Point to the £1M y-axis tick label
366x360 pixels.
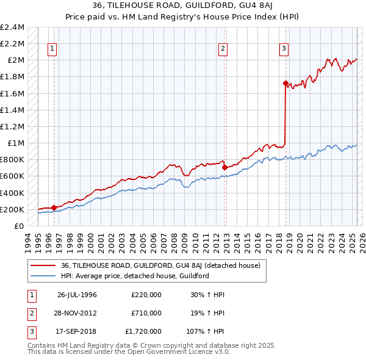pos(16,143)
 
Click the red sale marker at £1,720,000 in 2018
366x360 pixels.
pos(285,83)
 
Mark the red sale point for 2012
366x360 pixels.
pos(224,167)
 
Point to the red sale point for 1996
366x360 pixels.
pos(54,207)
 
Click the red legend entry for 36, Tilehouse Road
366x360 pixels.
pos(161,265)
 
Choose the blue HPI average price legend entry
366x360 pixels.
pos(135,276)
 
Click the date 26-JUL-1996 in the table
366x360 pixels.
pos(77,295)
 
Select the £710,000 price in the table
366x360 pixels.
pos(146,313)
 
